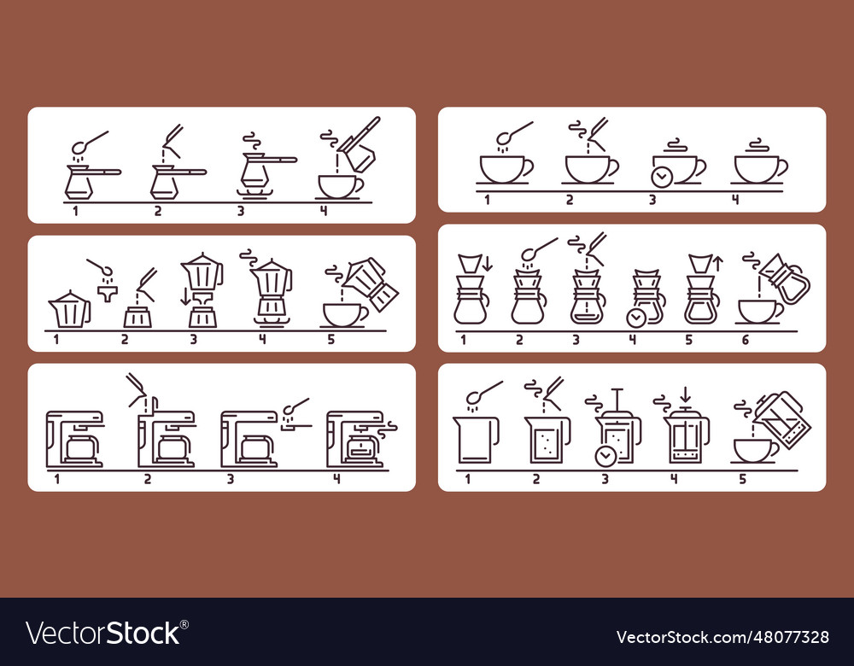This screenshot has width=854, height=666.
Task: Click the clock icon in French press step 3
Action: coord(605,456)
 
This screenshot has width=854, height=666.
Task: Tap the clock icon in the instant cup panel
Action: coord(659,177)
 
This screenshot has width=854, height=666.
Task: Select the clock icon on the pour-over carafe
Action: coord(635,317)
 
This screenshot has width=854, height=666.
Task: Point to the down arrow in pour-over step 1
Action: coord(487,264)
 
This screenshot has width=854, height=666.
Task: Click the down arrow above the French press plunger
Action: coord(684,394)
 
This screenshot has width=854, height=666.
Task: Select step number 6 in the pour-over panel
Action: coord(745,341)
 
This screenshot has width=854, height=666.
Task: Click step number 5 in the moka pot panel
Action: coord(331,340)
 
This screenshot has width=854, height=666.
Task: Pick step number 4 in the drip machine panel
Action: coord(336,478)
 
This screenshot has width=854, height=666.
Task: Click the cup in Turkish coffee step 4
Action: coord(340,185)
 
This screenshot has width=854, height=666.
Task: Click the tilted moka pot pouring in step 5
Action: coord(372,282)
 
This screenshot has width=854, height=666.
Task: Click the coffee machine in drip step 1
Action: coord(74,439)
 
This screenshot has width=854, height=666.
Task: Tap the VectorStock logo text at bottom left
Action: coord(103,633)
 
